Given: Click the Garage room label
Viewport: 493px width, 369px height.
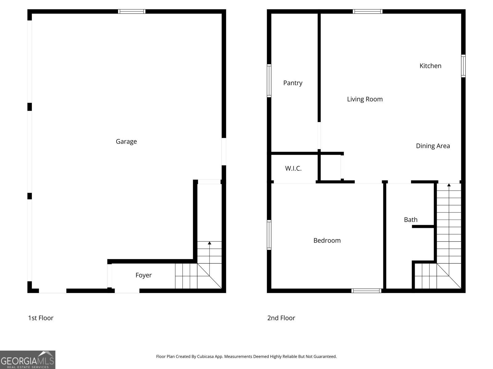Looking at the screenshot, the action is tap(126, 141).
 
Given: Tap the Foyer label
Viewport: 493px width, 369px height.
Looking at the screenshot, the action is tap(144, 275).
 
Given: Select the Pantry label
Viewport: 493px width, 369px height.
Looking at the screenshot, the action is tap(293, 83).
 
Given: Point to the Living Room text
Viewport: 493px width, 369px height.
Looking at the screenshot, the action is tap(365, 99).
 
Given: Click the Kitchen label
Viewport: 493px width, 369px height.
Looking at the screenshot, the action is tap(430, 65).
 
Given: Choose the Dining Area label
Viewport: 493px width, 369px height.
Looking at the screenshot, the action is tap(433, 146).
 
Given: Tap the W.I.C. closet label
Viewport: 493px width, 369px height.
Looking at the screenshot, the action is tap(293, 168).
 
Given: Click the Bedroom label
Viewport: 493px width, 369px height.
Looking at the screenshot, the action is tap(327, 240).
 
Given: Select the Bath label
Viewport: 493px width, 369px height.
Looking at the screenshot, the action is tap(410, 220).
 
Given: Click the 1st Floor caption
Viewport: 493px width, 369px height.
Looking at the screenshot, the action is tap(41, 318).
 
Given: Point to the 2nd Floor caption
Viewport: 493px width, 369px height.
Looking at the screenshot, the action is tap(281, 318).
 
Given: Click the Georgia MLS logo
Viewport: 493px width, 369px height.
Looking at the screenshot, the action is tap(28, 360).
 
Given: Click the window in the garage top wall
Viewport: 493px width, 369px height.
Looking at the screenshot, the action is tap(132, 11).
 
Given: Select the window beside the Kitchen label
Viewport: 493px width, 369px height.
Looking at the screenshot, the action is tap(463, 66).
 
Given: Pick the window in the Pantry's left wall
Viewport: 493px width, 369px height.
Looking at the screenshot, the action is tap(269, 81).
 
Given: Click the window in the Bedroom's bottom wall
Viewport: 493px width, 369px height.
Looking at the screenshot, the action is tap(366, 291).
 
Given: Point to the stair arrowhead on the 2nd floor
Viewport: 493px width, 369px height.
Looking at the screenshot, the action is tap(449, 185).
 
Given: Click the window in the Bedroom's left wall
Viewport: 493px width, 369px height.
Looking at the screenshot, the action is tap(269, 235).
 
